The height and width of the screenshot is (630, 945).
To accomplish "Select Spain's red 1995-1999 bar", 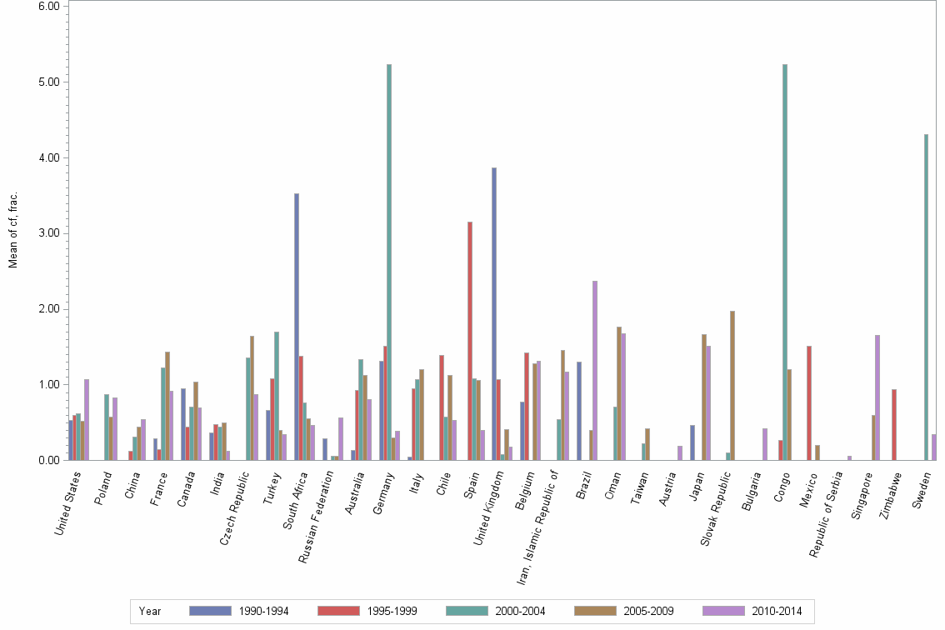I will [x=470, y=341].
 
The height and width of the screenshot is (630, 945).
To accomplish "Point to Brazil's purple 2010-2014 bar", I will [x=595, y=370].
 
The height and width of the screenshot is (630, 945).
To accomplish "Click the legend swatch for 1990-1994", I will [x=211, y=611].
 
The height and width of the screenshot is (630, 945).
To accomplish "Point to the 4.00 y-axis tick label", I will [x=48, y=157].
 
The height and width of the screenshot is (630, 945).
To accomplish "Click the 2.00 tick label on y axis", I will [x=48, y=309].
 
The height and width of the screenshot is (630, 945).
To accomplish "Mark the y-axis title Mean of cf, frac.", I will [x=13, y=230].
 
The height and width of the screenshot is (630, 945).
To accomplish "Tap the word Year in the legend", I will [x=150, y=612].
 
